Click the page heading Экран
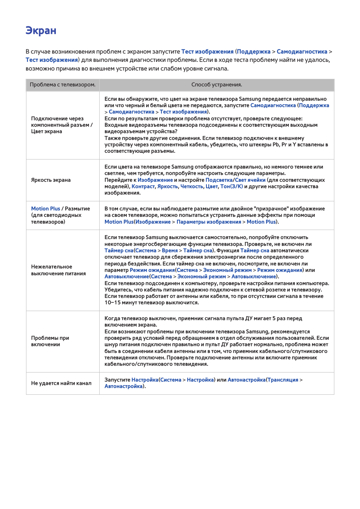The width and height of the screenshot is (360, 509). click(41, 31)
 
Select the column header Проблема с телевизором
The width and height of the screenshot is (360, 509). click(63, 85)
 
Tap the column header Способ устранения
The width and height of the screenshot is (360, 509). click(217, 85)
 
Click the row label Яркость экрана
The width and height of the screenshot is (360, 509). click(51, 180)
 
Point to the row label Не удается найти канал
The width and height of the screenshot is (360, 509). click(61, 383)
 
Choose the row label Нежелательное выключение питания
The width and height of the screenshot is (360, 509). click(58, 270)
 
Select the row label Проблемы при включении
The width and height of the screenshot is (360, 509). click(50, 341)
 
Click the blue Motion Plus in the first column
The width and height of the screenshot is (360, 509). click(46, 209)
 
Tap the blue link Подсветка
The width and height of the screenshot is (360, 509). click(219, 180)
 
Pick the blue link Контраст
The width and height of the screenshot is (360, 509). click(143, 187)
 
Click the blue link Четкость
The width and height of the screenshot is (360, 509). click(192, 187)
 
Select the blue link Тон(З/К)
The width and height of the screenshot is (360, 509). click(231, 187)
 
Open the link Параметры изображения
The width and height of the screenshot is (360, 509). click(209, 222)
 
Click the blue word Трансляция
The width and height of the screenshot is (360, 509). click(283, 380)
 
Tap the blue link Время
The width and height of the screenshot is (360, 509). click(170, 251)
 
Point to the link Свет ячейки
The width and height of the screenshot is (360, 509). click(250, 180)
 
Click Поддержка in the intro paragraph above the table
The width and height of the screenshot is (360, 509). click(254, 52)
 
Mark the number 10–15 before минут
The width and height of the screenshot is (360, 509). click(112, 303)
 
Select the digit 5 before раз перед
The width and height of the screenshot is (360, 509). click(274, 319)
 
